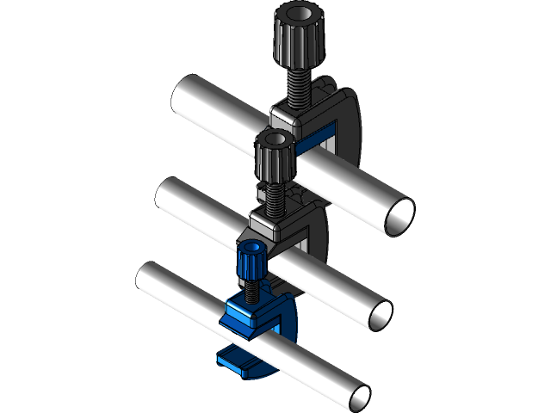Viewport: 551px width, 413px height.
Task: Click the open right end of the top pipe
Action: tap(398, 216)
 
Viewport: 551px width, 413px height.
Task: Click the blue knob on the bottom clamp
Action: tap(250, 262)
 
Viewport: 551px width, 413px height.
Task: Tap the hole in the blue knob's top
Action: tap(251, 249)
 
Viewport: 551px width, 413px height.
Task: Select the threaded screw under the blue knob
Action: tap(251, 290)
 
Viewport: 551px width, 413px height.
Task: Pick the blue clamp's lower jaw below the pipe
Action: tap(237, 361)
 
